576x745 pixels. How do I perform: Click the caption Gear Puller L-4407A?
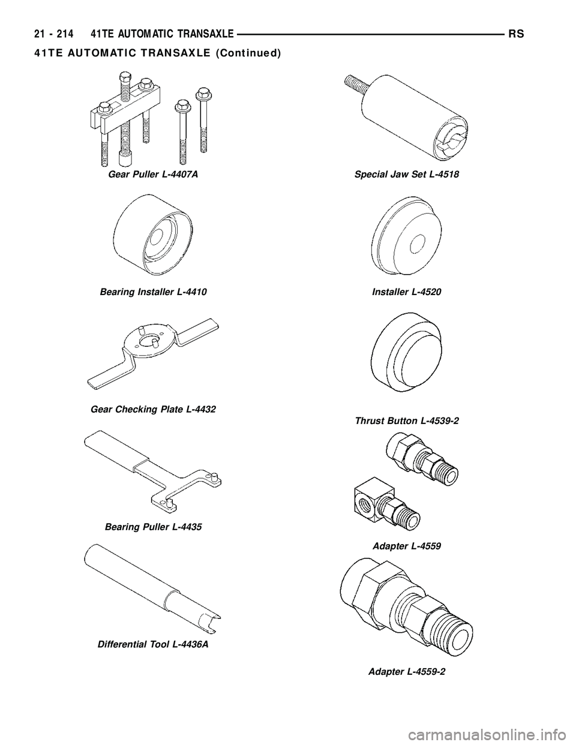click(153, 175)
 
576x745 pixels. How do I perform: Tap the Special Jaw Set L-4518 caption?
click(407, 175)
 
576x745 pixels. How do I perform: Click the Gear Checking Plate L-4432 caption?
click(153, 409)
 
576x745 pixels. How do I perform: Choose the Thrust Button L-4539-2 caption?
click(407, 420)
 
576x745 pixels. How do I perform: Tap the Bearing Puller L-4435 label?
click(153, 527)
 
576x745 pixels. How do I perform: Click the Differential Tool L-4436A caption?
click(153, 644)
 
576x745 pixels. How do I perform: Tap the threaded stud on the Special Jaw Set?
click(356, 85)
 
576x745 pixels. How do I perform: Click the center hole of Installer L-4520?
click(417, 242)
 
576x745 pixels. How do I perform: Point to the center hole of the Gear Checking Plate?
click(150, 341)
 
